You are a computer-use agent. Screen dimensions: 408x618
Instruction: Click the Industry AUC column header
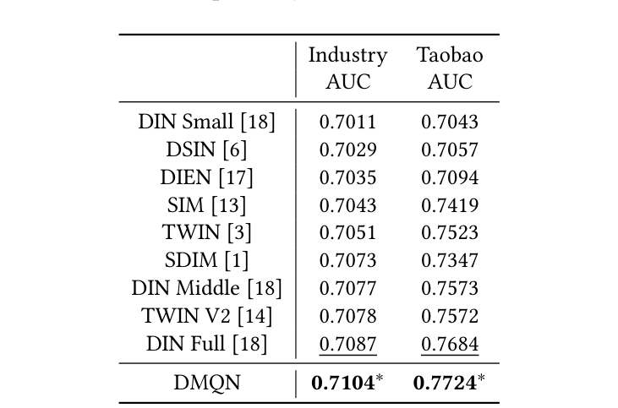click(x=347, y=68)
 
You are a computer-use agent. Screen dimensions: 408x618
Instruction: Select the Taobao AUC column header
click(x=450, y=68)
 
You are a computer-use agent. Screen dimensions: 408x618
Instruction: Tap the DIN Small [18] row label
click(x=207, y=122)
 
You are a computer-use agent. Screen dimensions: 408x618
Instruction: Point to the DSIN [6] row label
click(x=207, y=150)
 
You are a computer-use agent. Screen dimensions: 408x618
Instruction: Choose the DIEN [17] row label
click(x=207, y=177)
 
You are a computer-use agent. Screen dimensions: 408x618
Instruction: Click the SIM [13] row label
click(x=207, y=204)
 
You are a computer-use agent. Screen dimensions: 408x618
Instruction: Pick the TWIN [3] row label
click(x=207, y=232)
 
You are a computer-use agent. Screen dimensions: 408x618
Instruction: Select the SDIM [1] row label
click(x=207, y=260)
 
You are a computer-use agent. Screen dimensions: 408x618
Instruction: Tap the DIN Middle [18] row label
click(x=207, y=288)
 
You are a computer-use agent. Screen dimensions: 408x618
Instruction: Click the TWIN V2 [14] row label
click(x=207, y=316)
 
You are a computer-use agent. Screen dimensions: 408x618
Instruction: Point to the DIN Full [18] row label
click(x=207, y=344)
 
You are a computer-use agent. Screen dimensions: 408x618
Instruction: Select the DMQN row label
click(x=207, y=383)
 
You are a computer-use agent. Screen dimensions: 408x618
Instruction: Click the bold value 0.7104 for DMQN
click(x=343, y=383)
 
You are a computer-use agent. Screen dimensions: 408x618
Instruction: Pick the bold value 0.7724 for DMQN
click(x=445, y=383)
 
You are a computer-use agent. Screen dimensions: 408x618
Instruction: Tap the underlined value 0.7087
click(x=347, y=344)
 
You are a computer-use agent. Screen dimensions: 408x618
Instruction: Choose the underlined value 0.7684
click(x=450, y=344)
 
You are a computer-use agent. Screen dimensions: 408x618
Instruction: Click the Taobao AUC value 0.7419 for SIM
click(x=450, y=204)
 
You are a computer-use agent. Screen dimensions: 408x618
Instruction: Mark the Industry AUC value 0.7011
click(x=347, y=122)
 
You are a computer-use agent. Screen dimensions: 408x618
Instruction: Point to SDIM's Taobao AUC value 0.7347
click(x=450, y=260)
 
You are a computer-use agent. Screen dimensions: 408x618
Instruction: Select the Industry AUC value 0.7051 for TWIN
click(x=347, y=232)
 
